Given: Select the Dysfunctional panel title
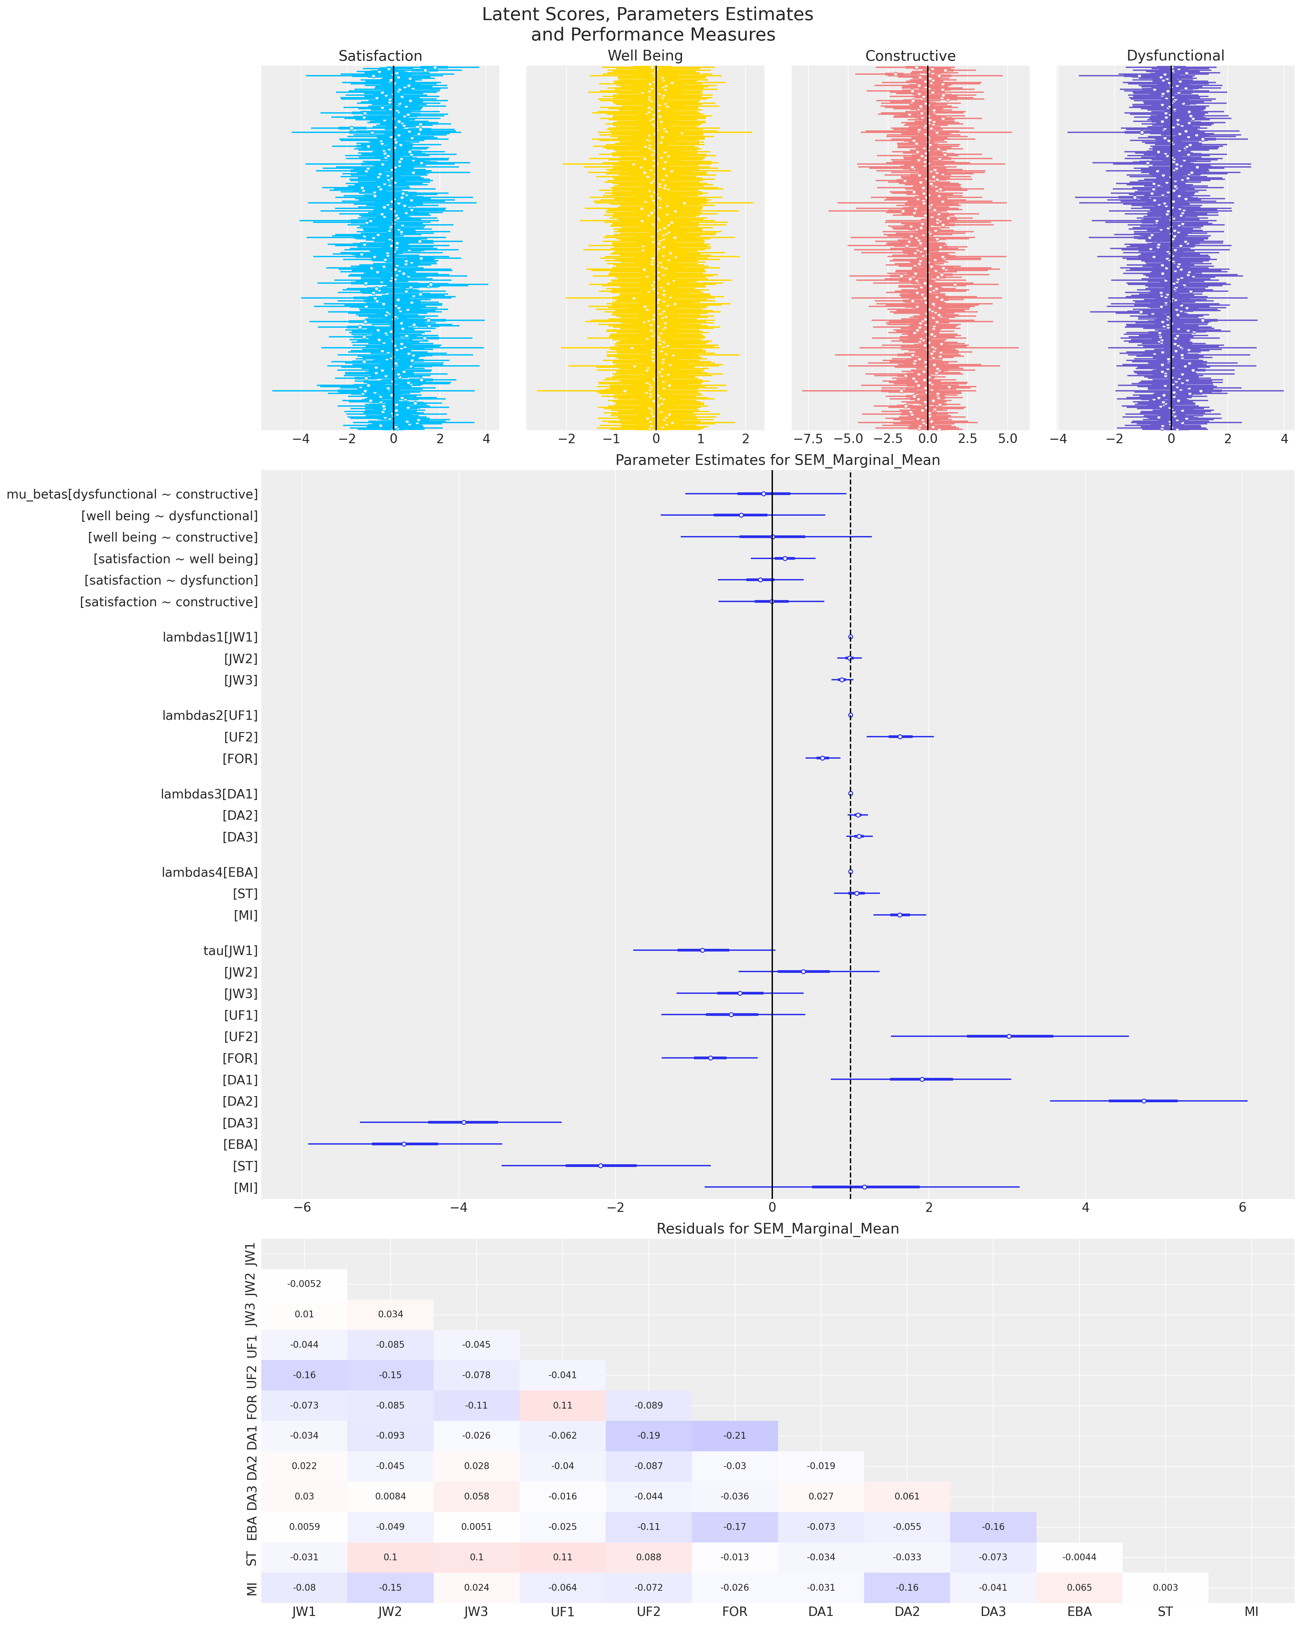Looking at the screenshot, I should [x=1175, y=56].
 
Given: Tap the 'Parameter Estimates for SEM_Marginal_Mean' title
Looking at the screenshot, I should [x=777, y=460].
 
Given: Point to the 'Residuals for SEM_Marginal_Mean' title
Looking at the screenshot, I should [x=777, y=1229].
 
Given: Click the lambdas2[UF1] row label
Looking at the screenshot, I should [x=210, y=715].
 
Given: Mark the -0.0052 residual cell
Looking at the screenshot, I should [x=304, y=1284].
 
